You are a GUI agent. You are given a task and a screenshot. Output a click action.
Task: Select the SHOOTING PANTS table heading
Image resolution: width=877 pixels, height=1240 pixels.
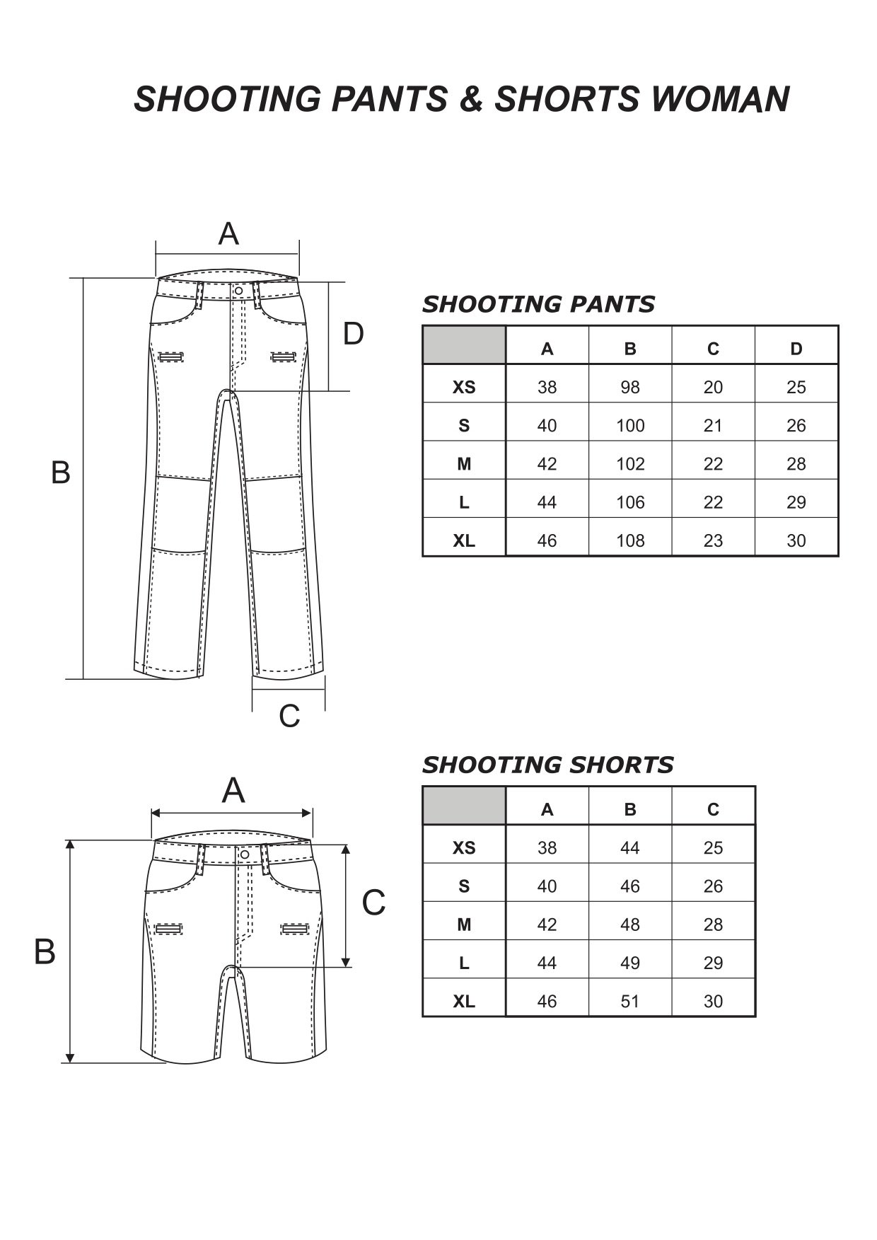coord(538,304)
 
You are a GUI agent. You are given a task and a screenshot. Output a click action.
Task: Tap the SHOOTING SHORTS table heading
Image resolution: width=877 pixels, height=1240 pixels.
coord(547,765)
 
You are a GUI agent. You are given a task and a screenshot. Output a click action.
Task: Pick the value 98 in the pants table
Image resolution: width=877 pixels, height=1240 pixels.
coord(629,387)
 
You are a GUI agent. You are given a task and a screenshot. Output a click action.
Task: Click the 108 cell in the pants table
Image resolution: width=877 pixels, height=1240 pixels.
coord(629,540)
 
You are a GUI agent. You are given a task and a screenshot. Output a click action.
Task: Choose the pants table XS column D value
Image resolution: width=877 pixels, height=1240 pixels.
coord(796,387)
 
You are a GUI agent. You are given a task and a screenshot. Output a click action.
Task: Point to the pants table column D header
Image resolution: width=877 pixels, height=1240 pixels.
coord(796,349)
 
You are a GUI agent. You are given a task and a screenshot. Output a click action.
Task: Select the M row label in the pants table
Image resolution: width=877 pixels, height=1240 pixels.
coord(464,464)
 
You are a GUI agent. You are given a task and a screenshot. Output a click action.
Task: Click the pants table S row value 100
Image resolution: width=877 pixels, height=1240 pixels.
coord(629,425)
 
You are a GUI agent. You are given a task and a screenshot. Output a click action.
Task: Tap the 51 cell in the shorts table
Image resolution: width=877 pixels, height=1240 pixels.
coord(629,1001)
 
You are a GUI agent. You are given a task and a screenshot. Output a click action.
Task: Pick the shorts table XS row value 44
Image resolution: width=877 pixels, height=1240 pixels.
coord(629,847)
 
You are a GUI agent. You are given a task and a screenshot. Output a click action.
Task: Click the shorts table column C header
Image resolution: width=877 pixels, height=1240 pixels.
coord(713,809)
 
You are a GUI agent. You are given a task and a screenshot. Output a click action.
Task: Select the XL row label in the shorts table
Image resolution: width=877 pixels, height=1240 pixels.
coord(464,1001)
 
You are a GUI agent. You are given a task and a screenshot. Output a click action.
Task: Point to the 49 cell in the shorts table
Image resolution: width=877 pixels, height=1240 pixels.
coord(629,963)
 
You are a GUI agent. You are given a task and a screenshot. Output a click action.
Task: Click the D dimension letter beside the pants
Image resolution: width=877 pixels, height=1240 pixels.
coord(353,333)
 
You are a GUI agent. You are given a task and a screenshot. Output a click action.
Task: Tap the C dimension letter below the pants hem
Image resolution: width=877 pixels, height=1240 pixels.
coord(289,716)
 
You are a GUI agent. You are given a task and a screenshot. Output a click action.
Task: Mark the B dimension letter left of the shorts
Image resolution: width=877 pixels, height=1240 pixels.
coord(45,952)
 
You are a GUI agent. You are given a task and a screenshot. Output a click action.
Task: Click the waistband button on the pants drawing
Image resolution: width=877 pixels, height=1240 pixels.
coord(238,291)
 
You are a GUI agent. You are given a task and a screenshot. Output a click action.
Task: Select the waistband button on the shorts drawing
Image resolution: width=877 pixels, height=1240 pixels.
coord(245,854)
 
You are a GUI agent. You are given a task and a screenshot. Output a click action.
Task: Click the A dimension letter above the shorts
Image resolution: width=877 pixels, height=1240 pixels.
coord(233,790)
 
